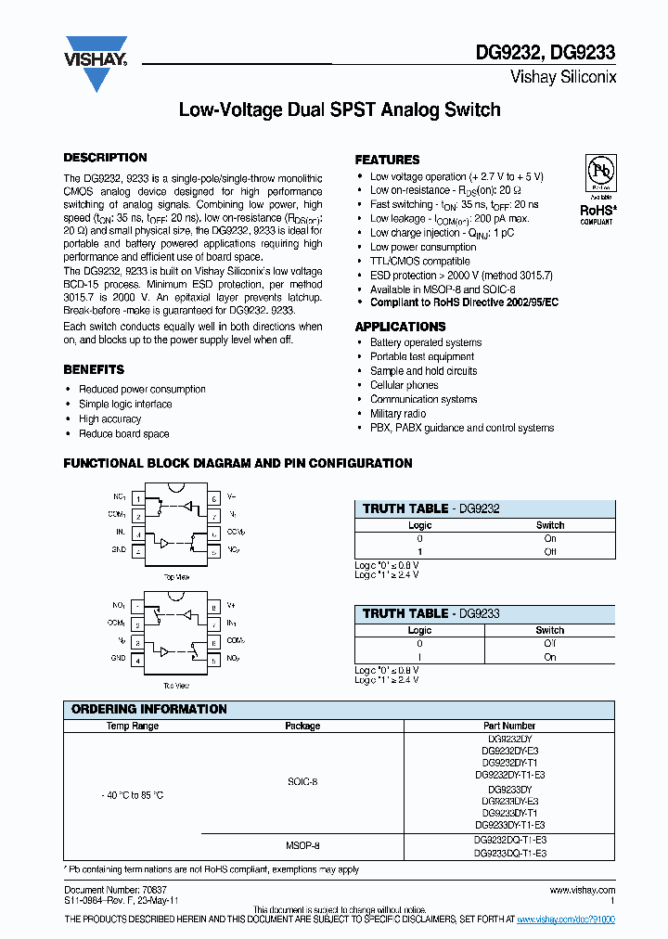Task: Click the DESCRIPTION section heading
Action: pyautogui.click(x=105, y=158)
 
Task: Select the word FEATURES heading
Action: pyautogui.click(x=387, y=160)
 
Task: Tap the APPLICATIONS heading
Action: pyautogui.click(x=400, y=327)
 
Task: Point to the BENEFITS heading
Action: pyautogui.click(x=94, y=369)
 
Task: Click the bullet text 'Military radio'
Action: pyautogui.click(x=398, y=414)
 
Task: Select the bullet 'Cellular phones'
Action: pyautogui.click(x=404, y=385)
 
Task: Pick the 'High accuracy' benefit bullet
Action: pyautogui.click(x=109, y=419)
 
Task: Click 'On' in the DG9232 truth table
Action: pyautogui.click(x=550, y=538)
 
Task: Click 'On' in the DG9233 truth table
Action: pyautogui.click(x=550, y=657)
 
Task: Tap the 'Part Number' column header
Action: pyautogui.click(x=509, y=726)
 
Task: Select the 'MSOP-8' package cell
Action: pyautogui.click(x=302, y=846)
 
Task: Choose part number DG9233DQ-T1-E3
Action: pyautogui.click(x=509, y=853)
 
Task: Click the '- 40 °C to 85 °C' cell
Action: pyautogui.click(x=132, y=795)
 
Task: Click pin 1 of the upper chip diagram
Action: pyautogui.click(x=138, y=498)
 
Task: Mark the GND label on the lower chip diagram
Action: pyautogui.click(x=118, y=658)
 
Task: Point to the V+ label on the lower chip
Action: pyautogui.click(x=232, y=606)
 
